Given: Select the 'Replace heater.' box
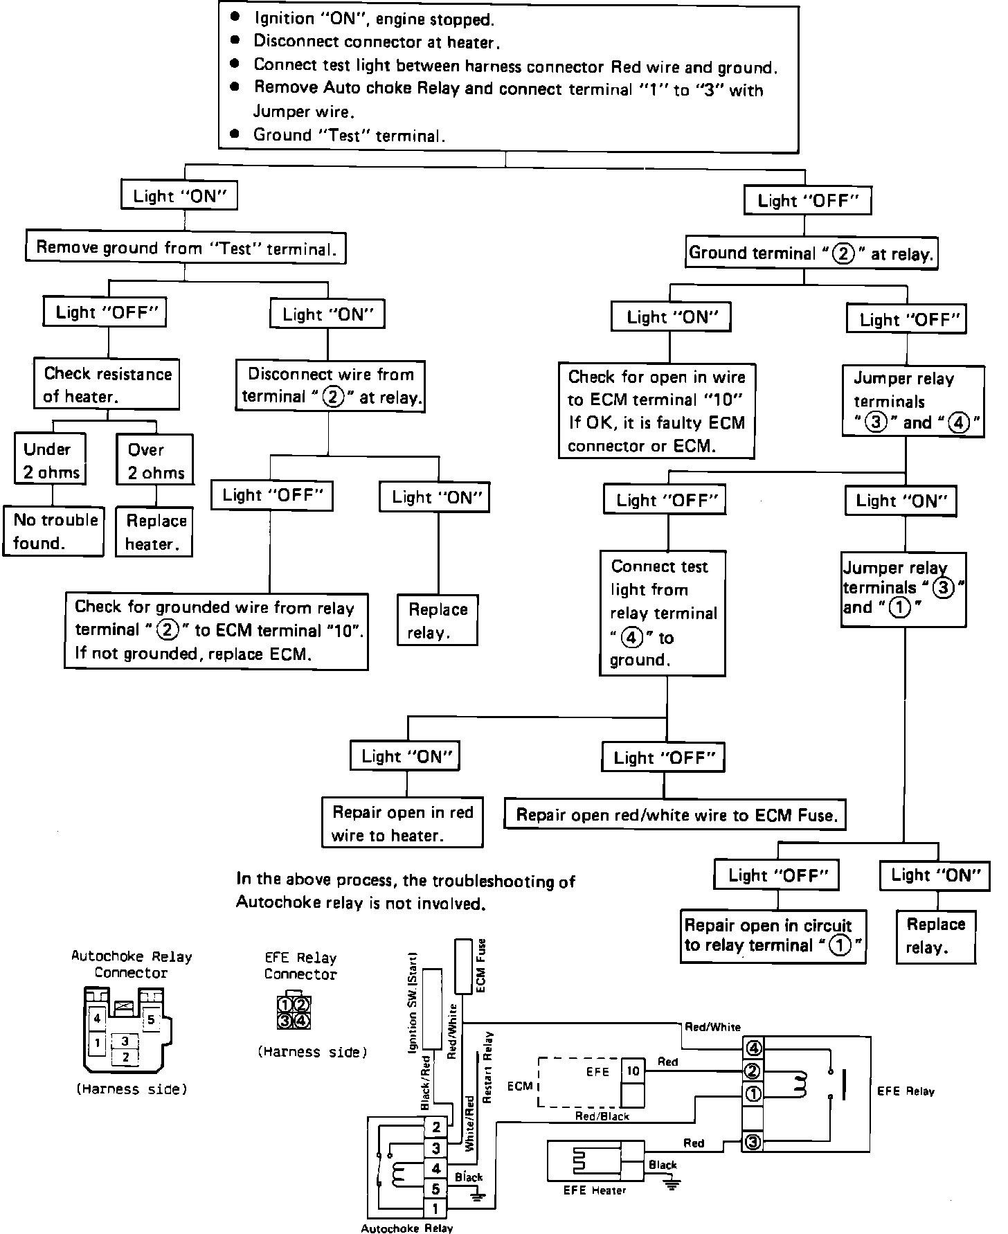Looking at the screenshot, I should [x=155, y=532].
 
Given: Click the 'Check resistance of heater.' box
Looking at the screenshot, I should [x=107, y=384].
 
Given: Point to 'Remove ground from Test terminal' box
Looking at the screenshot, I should [x=186, y=248].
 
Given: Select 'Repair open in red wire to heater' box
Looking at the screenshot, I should [x=402, y=823].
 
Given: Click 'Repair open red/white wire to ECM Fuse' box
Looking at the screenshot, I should [x=676, y=814].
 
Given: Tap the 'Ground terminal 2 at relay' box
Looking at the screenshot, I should [x=811, y=253].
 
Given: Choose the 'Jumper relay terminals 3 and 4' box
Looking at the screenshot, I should [x=913, y=400].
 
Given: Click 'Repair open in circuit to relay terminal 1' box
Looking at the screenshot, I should [x=773, y=936].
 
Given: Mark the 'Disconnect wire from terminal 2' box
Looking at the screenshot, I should [x=330, y=385].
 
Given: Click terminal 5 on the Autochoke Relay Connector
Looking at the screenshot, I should [x=151, y=1019].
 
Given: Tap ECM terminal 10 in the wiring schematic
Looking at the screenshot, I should [x=633, y=1071].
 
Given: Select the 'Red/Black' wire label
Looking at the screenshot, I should [x=602, y=1116].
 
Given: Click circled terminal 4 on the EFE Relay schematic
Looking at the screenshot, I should [x=753, y=1048].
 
